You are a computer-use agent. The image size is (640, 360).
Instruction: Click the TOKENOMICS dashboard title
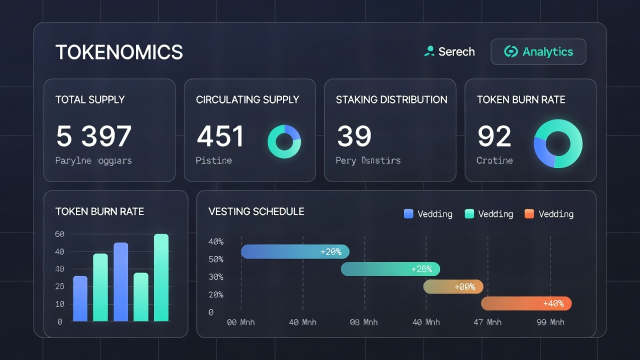click(x=119, y=52)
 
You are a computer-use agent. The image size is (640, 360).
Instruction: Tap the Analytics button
click(x=538, y=51)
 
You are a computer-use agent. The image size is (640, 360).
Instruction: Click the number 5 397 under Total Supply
click(x=93, y=136)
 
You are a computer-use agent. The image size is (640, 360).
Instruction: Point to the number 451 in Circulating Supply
click(x=220, y=136)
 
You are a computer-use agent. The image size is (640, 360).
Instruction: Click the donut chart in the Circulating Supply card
click(x=284, y=142)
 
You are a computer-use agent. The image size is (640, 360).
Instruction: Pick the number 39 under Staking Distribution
click(x=354, y=136)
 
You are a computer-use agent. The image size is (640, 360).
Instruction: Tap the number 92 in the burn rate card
click(x=494, y=136)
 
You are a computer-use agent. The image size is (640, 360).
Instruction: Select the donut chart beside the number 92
click(x=558, y=143)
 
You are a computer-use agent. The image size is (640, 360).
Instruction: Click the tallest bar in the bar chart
click(x=161, y=277)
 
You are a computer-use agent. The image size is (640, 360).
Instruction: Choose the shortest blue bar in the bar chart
click(x=80, y=298)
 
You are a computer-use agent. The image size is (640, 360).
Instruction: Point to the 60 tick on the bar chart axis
click(x=59, y=234)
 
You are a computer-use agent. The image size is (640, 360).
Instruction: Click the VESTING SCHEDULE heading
click(x=256, y=211)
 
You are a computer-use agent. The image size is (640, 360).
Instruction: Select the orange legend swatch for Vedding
click(x=529, y=214)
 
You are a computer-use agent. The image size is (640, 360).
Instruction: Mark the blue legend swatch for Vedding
click(x=408, y=214)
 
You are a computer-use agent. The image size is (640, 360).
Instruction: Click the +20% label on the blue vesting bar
click(x=330, y=252)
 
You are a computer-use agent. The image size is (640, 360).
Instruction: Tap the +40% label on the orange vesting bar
click(x=553, y=303)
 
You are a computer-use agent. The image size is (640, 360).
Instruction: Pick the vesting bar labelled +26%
click(x=390, y=269)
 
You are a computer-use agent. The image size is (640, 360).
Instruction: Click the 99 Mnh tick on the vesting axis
click(x=550, y=322)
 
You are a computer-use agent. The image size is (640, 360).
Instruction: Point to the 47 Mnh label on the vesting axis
click(x=487, y=322)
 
